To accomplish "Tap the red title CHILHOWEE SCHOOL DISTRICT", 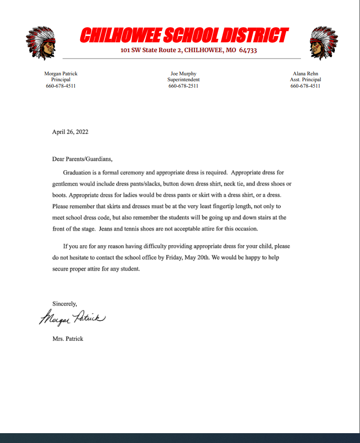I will (x=183, y=35).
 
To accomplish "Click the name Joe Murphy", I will (x=183, y=73).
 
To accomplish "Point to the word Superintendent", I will (x=183, y=79).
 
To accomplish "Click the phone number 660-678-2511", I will (x=183, y=86).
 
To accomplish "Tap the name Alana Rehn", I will (x=305, y=73).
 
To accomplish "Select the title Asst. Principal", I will (x=305, y=79).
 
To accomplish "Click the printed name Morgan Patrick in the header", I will (x=61, y=73).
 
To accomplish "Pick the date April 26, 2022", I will (x=70, y=132).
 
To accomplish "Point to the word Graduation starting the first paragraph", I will (x=79, y=173).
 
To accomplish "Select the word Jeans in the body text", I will (x=107, y=228).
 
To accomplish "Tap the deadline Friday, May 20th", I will (x=190, y=257).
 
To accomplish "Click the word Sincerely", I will (x=65, y=304).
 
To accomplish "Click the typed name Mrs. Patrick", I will (x=67, y=339).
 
